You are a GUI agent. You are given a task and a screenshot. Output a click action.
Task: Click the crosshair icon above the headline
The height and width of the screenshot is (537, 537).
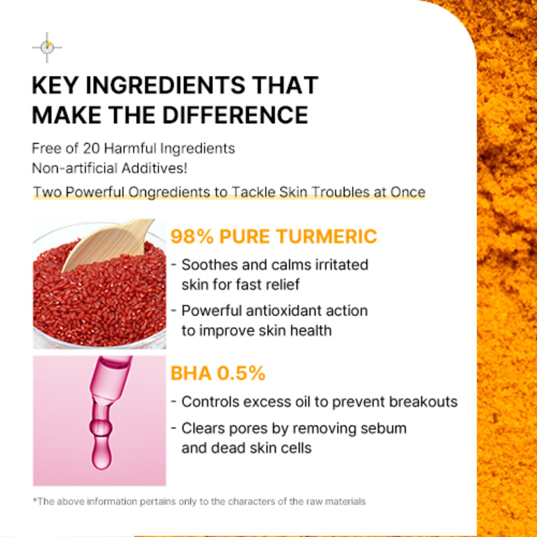pos(47,47)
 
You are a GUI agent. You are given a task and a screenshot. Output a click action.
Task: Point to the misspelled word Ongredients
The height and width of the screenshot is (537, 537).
pos(150,192)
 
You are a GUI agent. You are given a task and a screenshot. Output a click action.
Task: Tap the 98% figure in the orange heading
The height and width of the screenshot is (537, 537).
pos(192,237)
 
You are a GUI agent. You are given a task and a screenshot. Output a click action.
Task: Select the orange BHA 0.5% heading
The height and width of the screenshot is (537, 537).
pos(218,374)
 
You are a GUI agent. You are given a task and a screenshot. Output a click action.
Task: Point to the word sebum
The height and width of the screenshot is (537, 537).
pos(385,428)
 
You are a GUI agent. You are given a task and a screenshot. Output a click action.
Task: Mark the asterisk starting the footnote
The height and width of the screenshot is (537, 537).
pos(34,501)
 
